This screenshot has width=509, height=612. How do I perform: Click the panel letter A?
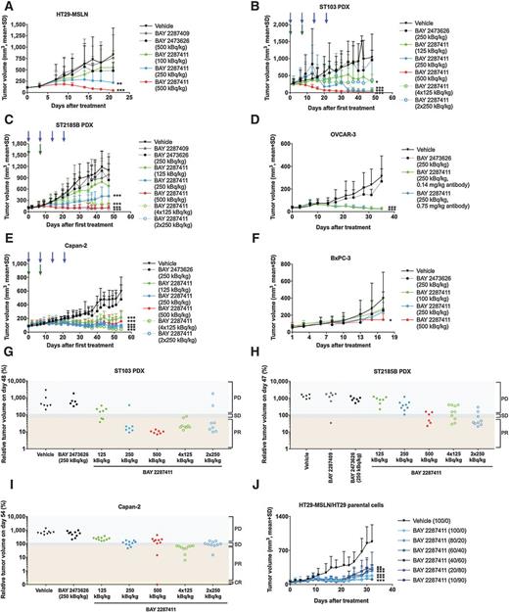pyautogui.click(x=7, y=8)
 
